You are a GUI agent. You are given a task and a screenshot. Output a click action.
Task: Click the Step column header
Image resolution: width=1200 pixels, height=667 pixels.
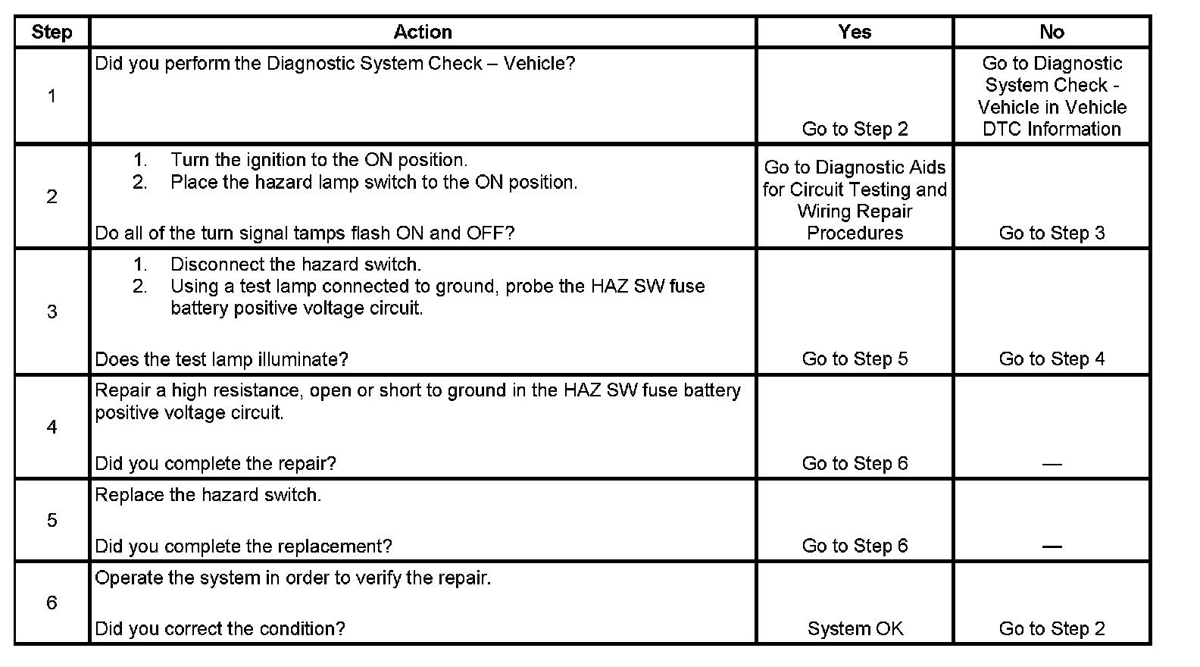[x=52, y=32]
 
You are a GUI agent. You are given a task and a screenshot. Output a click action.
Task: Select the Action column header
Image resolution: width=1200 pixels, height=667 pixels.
[x=423, y=32]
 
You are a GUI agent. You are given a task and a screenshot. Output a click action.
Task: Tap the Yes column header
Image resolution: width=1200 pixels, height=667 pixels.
[x=855, y=32]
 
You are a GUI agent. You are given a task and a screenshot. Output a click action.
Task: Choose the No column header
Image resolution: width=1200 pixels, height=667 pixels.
[x=1052, y=32]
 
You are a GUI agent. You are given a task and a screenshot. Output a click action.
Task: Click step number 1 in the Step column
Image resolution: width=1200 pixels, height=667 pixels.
[x=52, y=96]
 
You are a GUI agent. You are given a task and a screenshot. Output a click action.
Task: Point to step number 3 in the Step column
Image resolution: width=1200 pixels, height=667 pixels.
[x=52, y=312]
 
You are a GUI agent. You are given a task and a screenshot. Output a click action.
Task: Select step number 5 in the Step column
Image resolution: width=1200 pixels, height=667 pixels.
[x=52, y=521]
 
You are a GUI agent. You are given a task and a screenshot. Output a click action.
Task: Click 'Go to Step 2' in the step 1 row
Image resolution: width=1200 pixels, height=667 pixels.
[x=855, y=129]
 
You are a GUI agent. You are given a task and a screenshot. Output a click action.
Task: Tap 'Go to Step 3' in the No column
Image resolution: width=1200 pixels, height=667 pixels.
[x=1052, y=233]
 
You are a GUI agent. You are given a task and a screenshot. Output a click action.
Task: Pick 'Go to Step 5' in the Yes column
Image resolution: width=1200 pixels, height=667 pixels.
[x=855, y=359]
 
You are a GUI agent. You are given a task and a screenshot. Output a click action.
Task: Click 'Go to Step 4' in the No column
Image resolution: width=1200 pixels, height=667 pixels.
[x=1052, y=359]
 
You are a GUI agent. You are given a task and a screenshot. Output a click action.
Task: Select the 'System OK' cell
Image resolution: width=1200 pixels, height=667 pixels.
[x=855, y=628]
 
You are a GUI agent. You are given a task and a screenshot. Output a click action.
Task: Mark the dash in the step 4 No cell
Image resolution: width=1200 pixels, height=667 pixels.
[x=1052, y=464]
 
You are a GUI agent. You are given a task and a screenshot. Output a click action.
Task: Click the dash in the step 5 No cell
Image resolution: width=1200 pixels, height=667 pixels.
[x=1052, y=546]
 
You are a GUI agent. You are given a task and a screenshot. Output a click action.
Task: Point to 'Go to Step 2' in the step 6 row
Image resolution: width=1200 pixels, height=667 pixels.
[x=1052, y=628]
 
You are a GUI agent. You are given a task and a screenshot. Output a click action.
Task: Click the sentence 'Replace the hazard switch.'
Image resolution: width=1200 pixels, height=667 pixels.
[x=208, y=495]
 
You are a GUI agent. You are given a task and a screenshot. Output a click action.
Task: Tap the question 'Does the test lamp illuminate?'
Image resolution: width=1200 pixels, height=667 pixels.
[x=221, y=359]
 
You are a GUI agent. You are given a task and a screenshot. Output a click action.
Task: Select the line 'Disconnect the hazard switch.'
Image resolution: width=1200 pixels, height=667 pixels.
[x=295, y=265]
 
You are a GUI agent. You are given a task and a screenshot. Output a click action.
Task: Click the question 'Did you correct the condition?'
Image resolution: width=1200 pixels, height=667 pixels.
[x=220, y=629]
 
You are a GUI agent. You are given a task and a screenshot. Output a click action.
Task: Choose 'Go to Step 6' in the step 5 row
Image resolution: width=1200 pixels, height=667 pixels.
[x=855, y=546]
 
